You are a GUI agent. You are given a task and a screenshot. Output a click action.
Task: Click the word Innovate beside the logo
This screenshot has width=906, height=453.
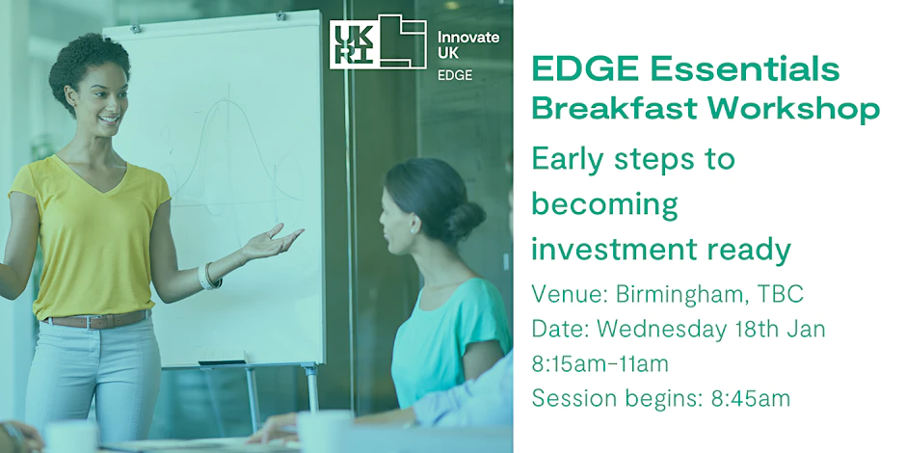coord(468,37)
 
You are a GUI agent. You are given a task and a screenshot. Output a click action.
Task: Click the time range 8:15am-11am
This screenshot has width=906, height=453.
coord(613,363)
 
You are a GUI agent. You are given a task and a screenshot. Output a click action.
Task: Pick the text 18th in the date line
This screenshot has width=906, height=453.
coord(759,329)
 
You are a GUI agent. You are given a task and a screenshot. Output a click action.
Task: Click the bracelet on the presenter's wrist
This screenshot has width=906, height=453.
coord(208,276)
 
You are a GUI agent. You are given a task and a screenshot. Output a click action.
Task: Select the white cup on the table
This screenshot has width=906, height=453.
coord(324,430)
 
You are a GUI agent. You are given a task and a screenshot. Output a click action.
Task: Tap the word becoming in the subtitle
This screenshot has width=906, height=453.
coord(604,203)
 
